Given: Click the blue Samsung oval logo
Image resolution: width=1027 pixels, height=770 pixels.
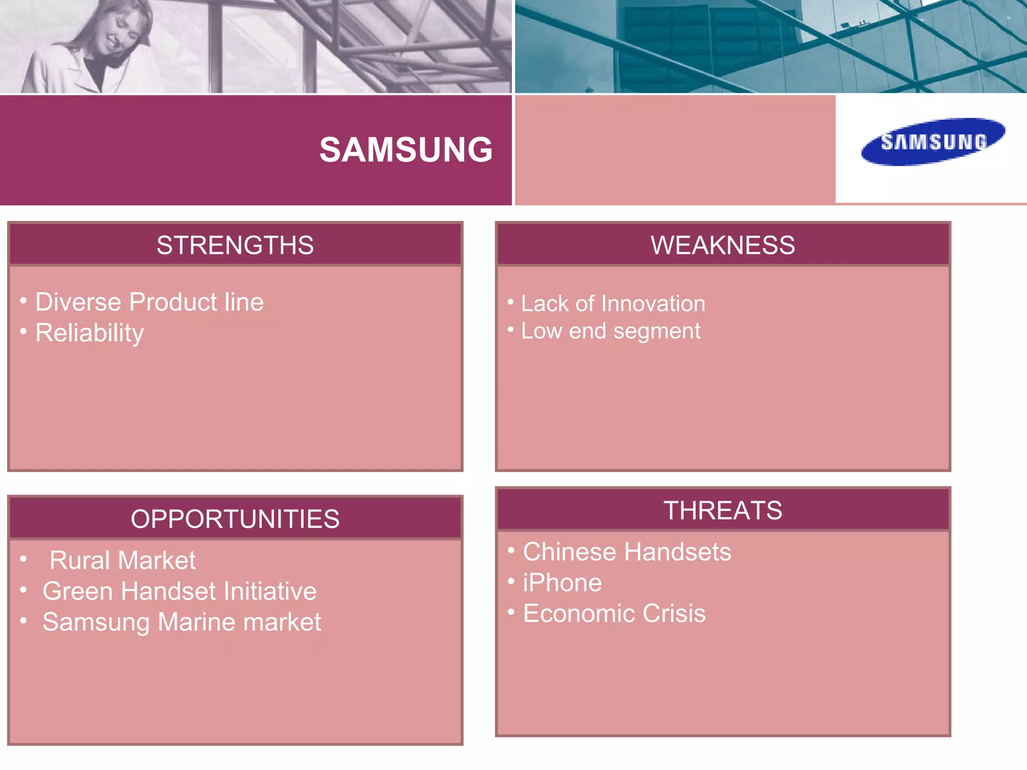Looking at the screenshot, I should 933,142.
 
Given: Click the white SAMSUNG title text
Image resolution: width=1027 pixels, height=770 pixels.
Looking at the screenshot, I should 406,150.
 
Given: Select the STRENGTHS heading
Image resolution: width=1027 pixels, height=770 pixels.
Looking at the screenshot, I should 235,245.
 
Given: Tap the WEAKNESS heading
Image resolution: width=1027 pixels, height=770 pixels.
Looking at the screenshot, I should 723,245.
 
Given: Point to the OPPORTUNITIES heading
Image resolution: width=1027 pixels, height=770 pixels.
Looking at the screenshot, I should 235,519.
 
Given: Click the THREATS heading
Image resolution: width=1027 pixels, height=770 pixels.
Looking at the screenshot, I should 723,510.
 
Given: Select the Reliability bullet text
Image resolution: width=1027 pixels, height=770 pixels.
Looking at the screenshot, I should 89,333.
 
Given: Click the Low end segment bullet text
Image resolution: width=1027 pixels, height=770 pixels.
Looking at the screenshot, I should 610,331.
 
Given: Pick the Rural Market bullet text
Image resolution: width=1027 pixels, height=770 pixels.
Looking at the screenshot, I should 122,560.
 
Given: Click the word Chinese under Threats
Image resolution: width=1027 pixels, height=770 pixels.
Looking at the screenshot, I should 570,552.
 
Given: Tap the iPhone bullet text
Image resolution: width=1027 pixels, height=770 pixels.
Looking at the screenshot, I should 562,583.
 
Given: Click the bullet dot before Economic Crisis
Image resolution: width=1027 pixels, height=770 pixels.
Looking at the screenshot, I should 511,612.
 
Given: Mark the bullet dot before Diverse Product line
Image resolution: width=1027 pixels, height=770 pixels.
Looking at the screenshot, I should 23,301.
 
